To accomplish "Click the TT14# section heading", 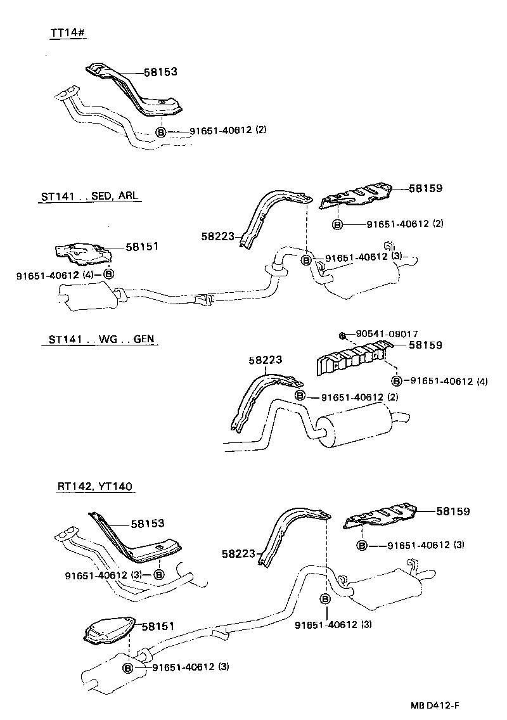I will pyautogui.click(x=68, y=33).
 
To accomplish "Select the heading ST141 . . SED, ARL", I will pyautogui.click(x=87, y=197).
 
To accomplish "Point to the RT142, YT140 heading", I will pyautogui.click(x=96, y=487).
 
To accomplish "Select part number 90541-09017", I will pyautogui.click(x=387, y=334).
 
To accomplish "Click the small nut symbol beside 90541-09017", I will pyautogui.click(x=341, y=334).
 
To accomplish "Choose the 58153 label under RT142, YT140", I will pyautogui.click(x=148, y=524).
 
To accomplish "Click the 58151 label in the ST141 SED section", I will pyautogui.click(x=141, y=246).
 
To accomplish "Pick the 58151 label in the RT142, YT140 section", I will pyautogui.click(x=157, y=626).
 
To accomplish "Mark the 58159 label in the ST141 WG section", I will pyautogui.click(x=425, y=345).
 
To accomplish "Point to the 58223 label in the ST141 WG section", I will pyautogui.click(x=265, y=360).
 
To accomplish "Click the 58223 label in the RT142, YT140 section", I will pyautogui.click(x=238, y=554).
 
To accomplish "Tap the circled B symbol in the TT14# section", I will pyautogui.click(x=161, y=132).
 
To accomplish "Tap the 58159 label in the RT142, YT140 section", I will pyautogui.click(x=452, y=511).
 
